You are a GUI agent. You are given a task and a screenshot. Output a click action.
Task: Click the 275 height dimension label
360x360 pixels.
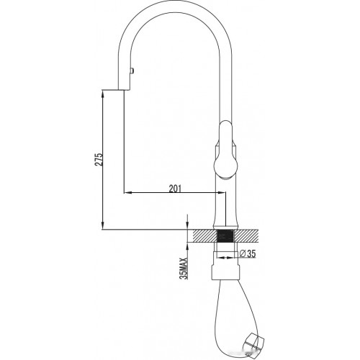pos(99,159)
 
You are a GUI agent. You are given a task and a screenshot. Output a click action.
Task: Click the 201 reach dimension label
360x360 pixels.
pos(175,189)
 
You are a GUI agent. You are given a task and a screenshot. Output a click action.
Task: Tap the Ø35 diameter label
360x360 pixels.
pos(248,253)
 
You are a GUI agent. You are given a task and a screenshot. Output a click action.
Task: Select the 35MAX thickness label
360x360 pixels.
pos(184,269)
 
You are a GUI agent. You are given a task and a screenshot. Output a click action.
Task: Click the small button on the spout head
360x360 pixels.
pos(132,71)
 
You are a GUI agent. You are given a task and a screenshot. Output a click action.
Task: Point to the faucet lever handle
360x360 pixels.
pos(225,150)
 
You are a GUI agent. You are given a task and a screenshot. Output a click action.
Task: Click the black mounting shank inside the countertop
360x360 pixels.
pos(225,236)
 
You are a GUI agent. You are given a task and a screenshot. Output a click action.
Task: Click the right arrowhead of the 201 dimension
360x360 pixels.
pos(221,192)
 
